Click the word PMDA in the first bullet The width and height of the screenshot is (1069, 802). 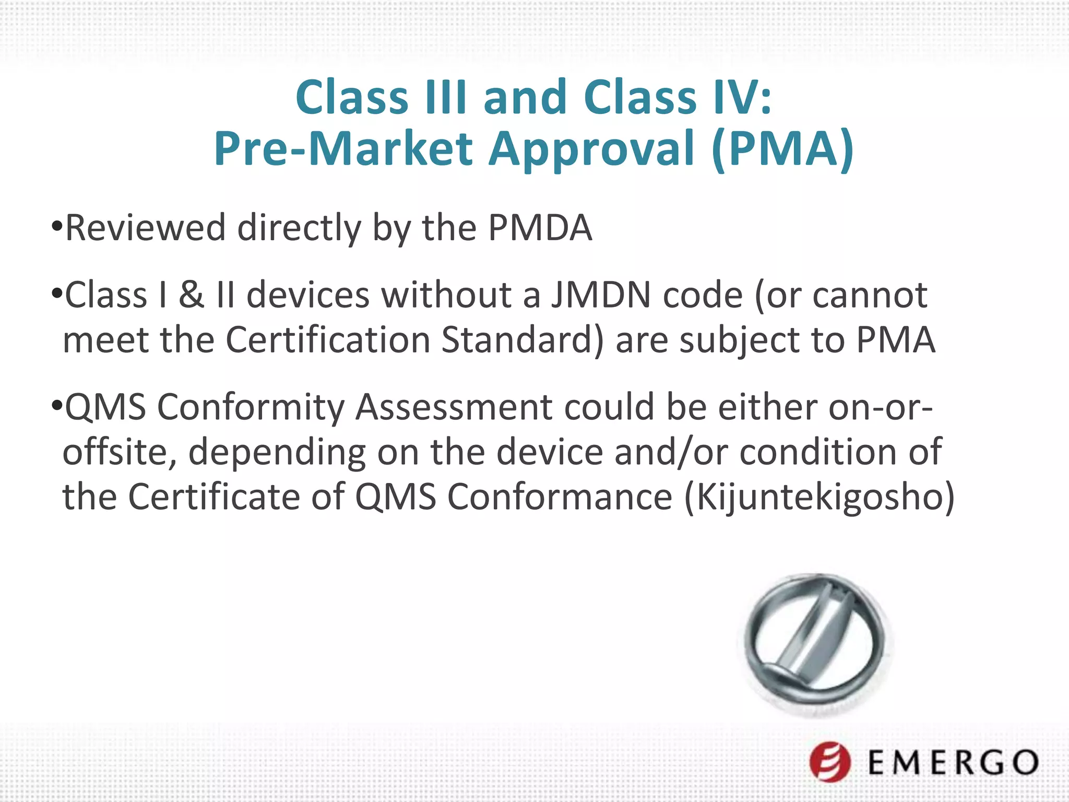540,228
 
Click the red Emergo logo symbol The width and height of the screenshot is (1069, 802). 830,762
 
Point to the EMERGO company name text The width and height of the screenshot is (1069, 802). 953,763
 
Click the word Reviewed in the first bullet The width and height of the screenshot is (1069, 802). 145,228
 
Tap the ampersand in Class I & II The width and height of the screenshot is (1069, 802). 191,296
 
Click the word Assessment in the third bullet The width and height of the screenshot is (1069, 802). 454,407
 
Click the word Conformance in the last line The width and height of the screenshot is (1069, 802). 560,497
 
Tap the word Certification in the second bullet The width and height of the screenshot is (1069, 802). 328,340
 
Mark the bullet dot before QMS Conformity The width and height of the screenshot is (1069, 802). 57,406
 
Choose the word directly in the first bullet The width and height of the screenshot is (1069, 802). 299,228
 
